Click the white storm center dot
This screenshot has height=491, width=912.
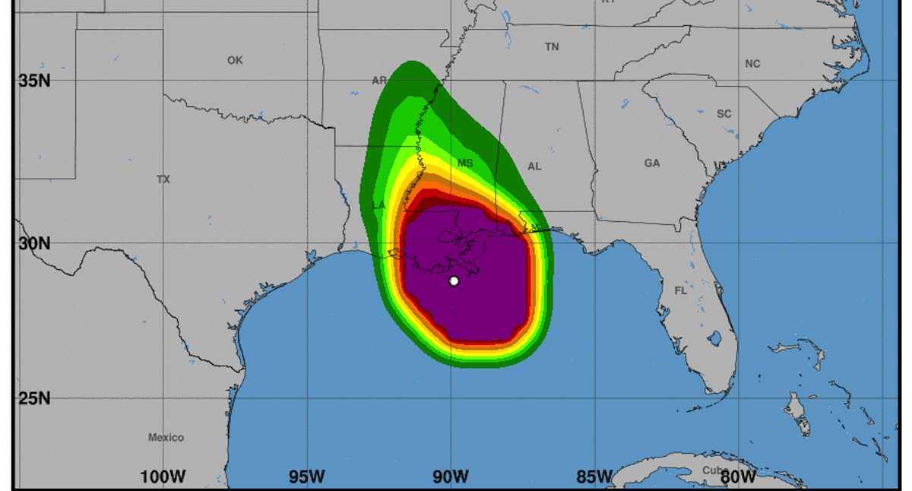[x=454, y=280]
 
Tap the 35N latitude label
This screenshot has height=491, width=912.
[x=34, y=80]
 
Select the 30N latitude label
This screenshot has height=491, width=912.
[x=34, y=243]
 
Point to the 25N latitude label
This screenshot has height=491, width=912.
[x=34, y=398]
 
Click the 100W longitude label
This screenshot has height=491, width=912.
[x=163, y=477]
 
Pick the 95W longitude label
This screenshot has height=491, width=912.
[x=306, y=477]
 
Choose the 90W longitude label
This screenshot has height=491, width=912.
[x=451, y=477]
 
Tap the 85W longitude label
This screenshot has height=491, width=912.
[x=594, y=477]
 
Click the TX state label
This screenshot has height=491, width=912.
[x=163, y=179]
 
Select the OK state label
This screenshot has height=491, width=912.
[x=235, y=60]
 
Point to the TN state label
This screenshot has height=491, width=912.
[x=552, y=47]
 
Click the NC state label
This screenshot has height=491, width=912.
[x=752, y=64]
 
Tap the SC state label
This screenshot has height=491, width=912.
[x=724, y=114]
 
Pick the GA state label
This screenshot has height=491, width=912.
[x=652, y=163]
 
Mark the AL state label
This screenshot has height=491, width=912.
[x=534, y=166]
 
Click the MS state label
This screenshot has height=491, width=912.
[x=465, y=163]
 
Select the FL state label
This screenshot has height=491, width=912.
[x=680, y=290]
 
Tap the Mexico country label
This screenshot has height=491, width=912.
[x=166, y=437]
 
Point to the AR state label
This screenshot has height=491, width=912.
[x=379, y=81]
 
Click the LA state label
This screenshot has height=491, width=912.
[x=378, y=205]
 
